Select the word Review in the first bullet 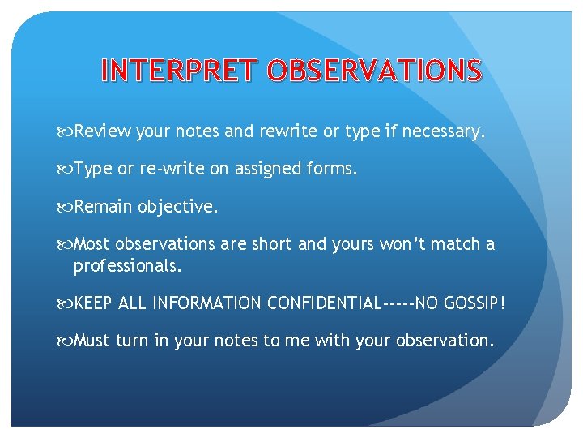(103, 131)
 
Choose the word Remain (104, 207)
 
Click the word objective (178, 207)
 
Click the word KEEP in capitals (94, 303)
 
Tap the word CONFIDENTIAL (323, 303)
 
